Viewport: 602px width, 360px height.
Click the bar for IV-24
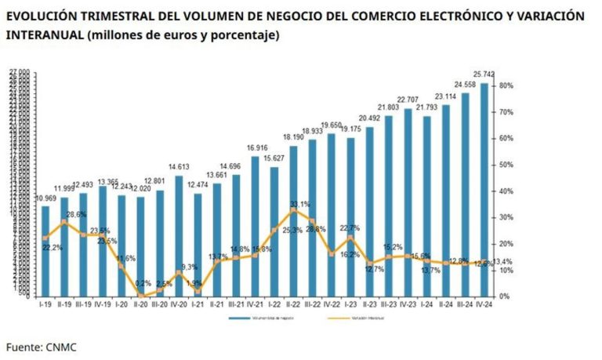(x=484, y=188)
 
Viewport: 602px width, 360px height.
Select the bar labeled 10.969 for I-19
(x=45, y=251)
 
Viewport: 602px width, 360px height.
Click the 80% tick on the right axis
(x=506, y=85)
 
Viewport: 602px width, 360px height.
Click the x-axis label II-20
(x=141, y=303)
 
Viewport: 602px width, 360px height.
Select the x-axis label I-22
(x=274, y=303)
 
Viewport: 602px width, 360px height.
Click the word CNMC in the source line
(x=60, y=346)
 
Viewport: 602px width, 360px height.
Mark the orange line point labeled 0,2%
(x=141, y=295)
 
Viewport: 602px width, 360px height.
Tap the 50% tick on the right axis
(x=506, y=165)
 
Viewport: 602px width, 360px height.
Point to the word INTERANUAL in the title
(x=44, y=36)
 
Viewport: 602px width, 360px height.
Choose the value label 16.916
(x=256, y=147)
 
